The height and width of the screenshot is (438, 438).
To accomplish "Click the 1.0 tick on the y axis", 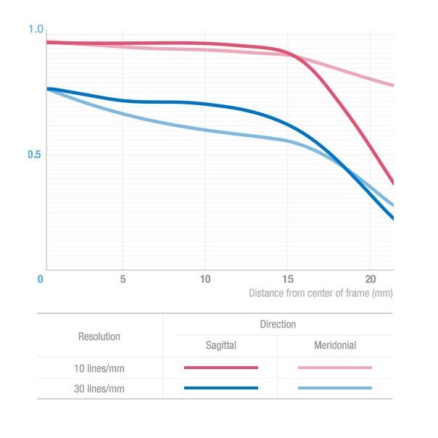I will coord(36,29).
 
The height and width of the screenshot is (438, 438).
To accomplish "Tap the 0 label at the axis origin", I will coord(41,279).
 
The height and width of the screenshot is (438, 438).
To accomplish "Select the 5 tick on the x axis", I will coord(123,279).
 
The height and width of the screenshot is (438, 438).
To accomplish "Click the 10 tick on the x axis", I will coord(205,279).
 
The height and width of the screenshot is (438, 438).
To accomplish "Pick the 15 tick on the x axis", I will coord(288,279).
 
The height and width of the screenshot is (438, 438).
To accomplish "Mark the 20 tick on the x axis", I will coord(370,279).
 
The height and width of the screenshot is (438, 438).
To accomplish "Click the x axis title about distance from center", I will coord(320,294).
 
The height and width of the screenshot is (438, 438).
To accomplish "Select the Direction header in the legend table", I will coord(278,324).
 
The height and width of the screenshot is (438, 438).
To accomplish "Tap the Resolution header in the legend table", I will coord(99,336).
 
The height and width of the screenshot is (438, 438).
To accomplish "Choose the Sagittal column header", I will coord(220,346).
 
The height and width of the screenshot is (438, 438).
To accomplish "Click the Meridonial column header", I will coord(335,346).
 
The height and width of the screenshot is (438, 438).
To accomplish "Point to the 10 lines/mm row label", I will coord(99,368).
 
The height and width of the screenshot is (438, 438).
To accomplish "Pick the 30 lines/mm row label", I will coord(99,389).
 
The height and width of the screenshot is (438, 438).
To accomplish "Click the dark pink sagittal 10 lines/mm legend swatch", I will coord(220,368).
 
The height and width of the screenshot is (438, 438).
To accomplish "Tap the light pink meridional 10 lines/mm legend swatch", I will coord(335,368).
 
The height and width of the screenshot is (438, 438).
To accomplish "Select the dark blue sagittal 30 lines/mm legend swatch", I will coord(220,389).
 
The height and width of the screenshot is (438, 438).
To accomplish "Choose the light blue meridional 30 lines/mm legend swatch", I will coord(335,389).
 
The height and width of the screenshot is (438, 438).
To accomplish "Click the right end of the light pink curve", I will coord(392,85).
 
